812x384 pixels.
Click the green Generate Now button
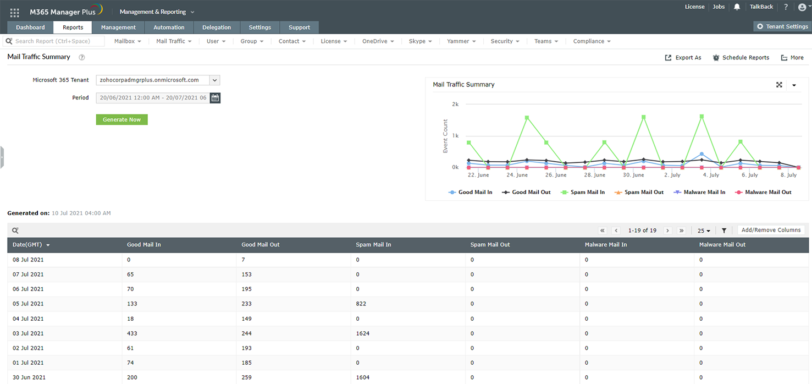point(121,119)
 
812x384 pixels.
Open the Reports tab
point(73,28)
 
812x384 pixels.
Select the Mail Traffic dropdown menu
point(174,41)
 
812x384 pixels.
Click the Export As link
point(683,58)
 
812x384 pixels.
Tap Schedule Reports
point(741,58)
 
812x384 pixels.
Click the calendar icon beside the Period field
point(215,98)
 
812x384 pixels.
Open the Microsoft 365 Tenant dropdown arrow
point(215,80)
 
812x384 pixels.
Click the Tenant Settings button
point(782,26)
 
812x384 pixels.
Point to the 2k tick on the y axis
point(455,104)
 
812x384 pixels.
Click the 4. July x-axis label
point(711,175)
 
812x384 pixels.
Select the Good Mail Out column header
point(260,245)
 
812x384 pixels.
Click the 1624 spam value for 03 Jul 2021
point(362,333)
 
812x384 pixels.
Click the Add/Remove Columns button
point(771,230)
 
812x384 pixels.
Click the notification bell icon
point(737,7)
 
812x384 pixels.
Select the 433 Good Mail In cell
point(132,333)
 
